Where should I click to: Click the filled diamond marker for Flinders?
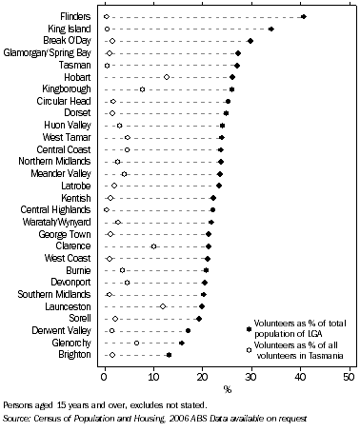tap(304, 17)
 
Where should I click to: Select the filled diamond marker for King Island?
tap(271, 29)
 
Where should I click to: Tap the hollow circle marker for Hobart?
tap(167, 77)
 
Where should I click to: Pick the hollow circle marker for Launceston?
tap(163, 306)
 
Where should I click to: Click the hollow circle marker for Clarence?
tap(154, 246)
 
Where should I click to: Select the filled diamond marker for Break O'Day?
tap(250, 41)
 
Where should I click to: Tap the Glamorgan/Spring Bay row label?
tap(49, 53)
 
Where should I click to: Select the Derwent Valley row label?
tap(64, 330)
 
